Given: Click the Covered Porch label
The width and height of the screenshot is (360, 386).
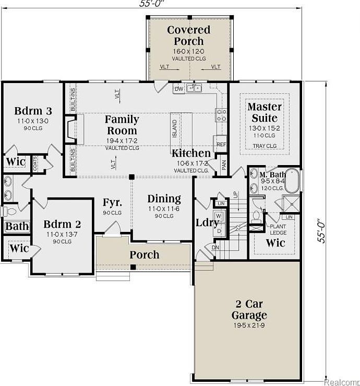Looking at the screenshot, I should (188, 36).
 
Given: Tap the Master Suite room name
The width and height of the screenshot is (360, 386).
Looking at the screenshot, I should (264, 112).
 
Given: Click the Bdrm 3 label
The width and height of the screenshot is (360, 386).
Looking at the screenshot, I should (33, 111).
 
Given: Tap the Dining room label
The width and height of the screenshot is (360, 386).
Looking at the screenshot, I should (164, 198).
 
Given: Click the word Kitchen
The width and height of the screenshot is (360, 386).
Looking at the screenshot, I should (191, 153).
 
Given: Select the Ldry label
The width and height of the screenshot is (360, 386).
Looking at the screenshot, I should (207, 222).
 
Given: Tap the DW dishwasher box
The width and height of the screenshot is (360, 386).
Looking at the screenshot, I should (179, 89).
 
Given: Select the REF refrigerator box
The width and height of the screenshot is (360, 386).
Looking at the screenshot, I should (221, 145).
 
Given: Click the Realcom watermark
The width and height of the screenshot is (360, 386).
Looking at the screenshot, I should (342, 381).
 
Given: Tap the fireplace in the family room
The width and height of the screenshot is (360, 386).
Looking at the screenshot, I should (70, 130).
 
